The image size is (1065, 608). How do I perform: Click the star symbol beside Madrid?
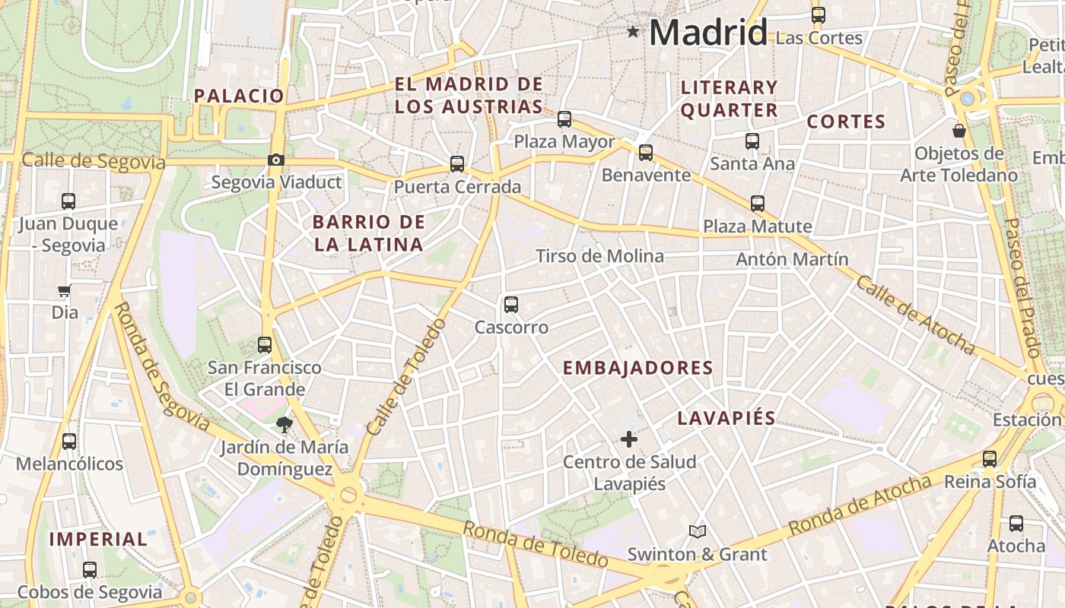[633, 32]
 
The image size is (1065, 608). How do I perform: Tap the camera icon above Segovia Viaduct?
[275, 160]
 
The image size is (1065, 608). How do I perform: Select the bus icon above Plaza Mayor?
[564, 119]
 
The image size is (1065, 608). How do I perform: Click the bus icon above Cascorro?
[510, 305]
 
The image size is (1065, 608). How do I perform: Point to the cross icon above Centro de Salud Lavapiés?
[629, 439]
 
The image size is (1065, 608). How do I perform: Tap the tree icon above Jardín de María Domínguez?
[285, 424]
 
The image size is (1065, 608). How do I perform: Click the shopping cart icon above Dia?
[65, 290]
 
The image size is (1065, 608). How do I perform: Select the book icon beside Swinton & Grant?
[698, 531]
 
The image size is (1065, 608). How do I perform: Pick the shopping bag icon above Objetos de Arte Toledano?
[959, 131]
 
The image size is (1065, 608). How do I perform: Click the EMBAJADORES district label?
[637, 369]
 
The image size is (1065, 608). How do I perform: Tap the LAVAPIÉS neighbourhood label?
[726, 418]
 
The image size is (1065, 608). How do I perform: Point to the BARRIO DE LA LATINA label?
[369, 233]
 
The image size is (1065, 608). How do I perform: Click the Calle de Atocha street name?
[915, 315]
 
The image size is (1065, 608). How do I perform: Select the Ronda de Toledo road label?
[536, 545]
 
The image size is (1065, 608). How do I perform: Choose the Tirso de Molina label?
[599, 256]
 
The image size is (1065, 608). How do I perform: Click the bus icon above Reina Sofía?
[989, 459]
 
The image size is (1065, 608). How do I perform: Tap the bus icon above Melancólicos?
[69, 441]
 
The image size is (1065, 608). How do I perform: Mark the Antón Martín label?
[792, 259]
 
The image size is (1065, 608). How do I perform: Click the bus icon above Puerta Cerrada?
[456, 163]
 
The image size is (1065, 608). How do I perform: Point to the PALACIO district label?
[239, 96]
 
